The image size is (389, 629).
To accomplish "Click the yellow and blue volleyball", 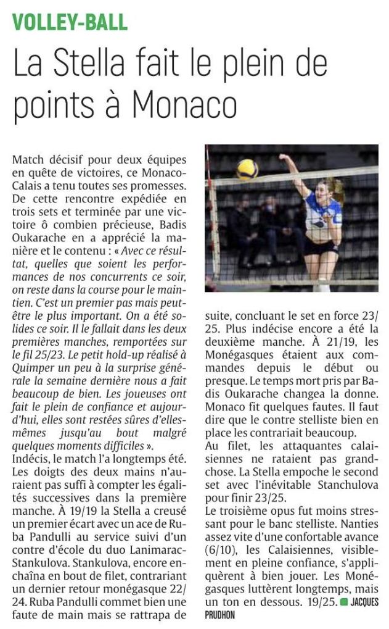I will point(247,169).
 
